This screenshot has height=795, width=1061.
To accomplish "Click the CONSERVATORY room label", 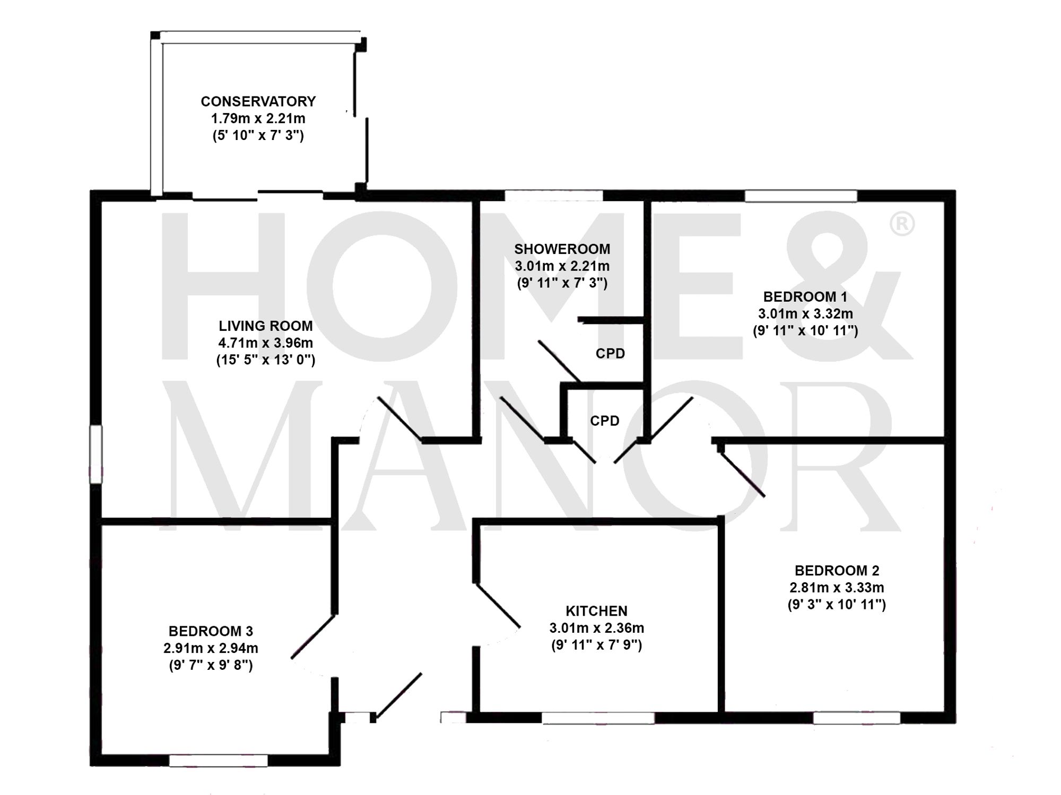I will pos(258,101).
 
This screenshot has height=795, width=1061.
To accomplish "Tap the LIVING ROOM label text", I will pos(265,326).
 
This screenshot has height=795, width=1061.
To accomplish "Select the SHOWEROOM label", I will pos(562,249).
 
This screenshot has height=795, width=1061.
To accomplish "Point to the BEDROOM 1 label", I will pos(805,296).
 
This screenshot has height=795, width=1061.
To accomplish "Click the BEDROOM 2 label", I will pos(837,571).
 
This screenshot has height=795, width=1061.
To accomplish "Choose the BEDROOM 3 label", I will pos(211,631).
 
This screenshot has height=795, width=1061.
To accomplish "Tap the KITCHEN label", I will pos(596,611).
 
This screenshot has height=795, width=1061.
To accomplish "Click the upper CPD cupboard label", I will pos(610,354).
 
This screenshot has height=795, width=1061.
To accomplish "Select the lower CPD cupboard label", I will pos(605,421).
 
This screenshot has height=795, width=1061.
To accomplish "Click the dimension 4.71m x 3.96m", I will pos(265,343).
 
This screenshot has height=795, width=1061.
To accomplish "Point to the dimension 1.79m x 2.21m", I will pos(258,118).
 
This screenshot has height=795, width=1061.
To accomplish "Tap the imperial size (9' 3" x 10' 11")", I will pos(837,605).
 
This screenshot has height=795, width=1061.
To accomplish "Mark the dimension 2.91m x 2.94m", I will pos(211,648).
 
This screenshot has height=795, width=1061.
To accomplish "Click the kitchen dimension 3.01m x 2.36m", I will pos(596,628).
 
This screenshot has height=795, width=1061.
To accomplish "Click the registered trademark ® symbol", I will pos(901,224).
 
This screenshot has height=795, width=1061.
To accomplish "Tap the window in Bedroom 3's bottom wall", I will pos(218,761).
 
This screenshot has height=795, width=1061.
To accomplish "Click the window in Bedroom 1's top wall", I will pos(801,196).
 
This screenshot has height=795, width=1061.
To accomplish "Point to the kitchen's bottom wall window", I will pos(598,718).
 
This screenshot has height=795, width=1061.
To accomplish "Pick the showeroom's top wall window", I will pos(554,196).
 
